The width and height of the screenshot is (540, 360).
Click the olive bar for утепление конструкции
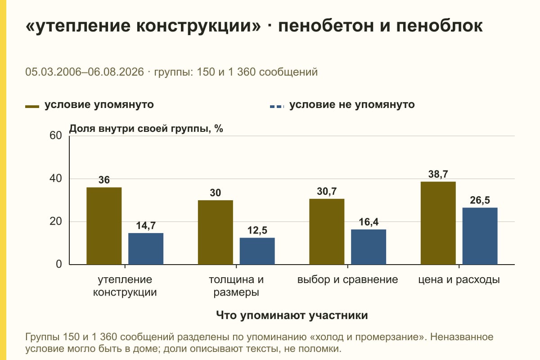104,226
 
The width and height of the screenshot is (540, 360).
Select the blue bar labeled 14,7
146,249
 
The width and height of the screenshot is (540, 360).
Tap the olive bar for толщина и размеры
216,233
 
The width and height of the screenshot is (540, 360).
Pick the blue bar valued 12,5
257,251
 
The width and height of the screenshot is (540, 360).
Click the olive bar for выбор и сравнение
327,232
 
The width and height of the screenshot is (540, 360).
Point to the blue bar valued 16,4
369,247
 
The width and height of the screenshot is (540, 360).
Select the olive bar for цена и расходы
438,223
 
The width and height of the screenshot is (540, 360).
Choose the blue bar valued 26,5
480,236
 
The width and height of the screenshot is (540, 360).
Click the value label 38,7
438,174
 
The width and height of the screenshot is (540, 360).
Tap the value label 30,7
327,191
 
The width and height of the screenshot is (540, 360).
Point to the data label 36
104,180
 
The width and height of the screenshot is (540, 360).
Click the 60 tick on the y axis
56,135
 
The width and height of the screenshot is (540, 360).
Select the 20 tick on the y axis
56,221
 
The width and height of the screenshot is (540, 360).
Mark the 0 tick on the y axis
59,264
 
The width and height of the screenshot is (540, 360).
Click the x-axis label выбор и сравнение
347,280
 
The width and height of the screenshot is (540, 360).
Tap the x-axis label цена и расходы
459,280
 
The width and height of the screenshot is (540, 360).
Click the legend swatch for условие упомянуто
32,107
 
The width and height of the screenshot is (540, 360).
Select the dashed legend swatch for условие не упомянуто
277,107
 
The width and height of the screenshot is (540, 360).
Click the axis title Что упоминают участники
292,315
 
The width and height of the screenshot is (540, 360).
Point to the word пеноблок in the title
440,26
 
